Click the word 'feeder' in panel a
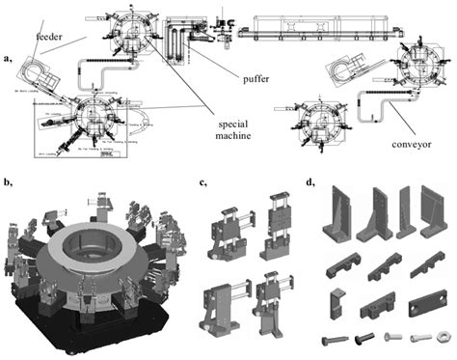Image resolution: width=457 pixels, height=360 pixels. [50, 38]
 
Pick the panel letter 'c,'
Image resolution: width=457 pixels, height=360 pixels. [201, 180]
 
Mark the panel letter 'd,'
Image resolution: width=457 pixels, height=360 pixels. [309, 180]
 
